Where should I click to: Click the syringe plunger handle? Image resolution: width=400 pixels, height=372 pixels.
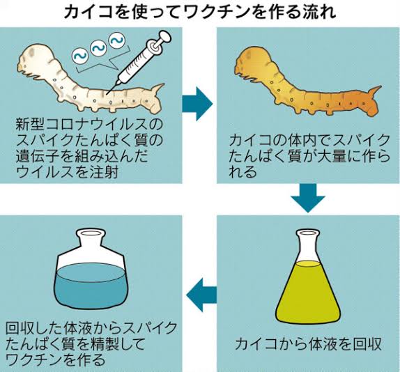[164, 37]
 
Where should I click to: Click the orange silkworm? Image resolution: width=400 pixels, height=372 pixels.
[306, 82]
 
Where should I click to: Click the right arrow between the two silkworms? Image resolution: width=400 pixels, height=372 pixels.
[197, 104]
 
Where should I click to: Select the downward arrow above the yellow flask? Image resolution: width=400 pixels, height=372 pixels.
[308, 198]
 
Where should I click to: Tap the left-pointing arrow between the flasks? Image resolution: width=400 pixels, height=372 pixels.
[201, 295]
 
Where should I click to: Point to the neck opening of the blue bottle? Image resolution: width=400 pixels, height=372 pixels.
[91, 233]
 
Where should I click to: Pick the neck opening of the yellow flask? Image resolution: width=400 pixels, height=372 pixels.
[308, 232]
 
